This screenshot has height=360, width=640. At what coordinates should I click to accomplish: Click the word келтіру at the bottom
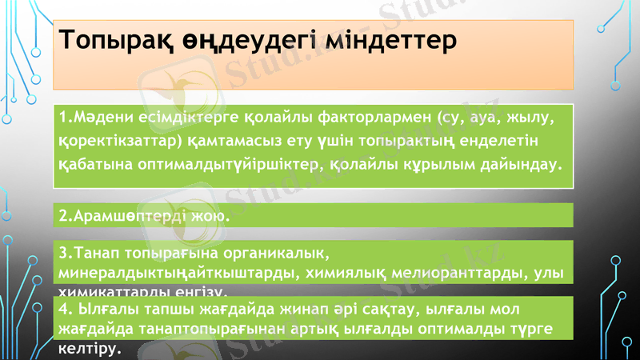pyautogui.click(x=88, y=348)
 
